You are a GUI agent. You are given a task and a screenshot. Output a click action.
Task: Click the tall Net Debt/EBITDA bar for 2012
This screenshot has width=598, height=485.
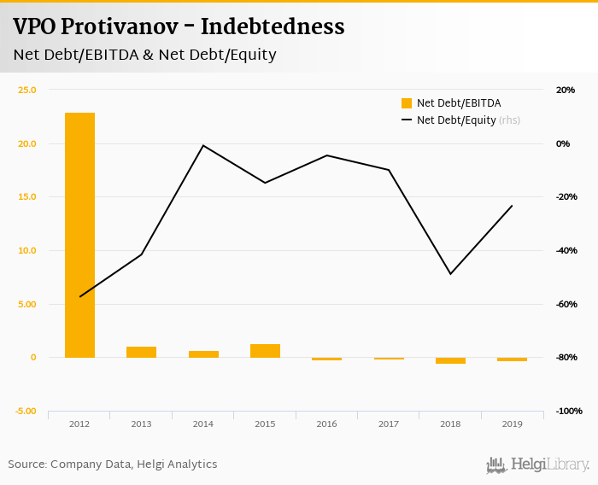pos(79,235)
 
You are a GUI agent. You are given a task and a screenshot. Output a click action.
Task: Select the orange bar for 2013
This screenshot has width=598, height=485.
pos(141,352)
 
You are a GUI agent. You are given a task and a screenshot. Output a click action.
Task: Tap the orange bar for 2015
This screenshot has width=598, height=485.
pos(265,351)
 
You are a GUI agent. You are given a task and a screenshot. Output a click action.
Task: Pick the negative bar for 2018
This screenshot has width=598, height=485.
pos(450,360)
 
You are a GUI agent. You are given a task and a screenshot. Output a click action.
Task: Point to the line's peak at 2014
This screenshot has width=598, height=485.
pos(203,145)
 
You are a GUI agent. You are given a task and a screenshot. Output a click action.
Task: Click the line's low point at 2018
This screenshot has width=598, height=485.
pos(450,274)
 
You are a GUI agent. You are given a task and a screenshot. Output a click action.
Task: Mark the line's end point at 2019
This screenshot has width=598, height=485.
pos(512,206)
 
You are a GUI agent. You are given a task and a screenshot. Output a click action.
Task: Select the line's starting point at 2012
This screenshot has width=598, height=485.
pos(79,297)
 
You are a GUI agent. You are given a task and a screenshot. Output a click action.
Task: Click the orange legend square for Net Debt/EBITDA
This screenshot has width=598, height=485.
pos(407,103)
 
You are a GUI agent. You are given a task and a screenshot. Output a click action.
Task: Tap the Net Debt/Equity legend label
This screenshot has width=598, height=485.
pos(456,120)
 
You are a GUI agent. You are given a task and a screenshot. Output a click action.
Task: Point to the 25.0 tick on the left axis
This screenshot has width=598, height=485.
pos(27,90)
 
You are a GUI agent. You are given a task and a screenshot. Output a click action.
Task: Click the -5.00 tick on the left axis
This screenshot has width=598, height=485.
pos(26,411)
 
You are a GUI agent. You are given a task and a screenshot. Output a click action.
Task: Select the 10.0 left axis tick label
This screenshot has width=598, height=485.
pos(27,250)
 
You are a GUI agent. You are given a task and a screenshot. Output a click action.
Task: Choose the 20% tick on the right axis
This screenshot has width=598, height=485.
pos(566,90)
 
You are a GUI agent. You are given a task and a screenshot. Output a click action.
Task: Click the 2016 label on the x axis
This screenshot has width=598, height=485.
pos(326,424)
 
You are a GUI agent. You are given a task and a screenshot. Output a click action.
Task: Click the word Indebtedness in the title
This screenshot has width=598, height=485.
pos(275,26)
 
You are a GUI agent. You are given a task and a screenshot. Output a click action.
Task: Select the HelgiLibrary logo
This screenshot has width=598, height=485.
pos(537,465)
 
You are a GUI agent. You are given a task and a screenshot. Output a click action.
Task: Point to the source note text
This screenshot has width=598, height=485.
pos(113,465)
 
